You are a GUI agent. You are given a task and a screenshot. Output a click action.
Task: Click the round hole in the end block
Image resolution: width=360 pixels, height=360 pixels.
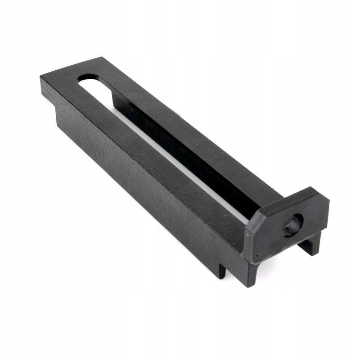pyautogui.click(x=293, y=224)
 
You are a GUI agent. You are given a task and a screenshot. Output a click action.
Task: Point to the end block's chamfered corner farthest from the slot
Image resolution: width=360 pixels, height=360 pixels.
pyautogui.click(x=323, y=194)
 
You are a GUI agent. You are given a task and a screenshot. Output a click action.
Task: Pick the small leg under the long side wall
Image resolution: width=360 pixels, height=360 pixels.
pyautogui.click(x=222, y=270)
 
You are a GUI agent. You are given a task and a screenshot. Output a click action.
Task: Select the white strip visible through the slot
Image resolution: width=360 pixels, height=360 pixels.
pyautogui.click(x=180, y=162)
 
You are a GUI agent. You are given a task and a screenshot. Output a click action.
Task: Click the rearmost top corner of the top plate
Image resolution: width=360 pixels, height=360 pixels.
pyautogui.click(x=102, y=58)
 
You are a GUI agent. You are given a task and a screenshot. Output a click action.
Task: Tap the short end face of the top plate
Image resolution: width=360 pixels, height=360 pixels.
pyautogui.click(x=47, y=92)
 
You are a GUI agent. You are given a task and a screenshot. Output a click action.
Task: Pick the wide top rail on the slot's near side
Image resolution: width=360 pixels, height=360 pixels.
pyautogui.click(x=148, y=148)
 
